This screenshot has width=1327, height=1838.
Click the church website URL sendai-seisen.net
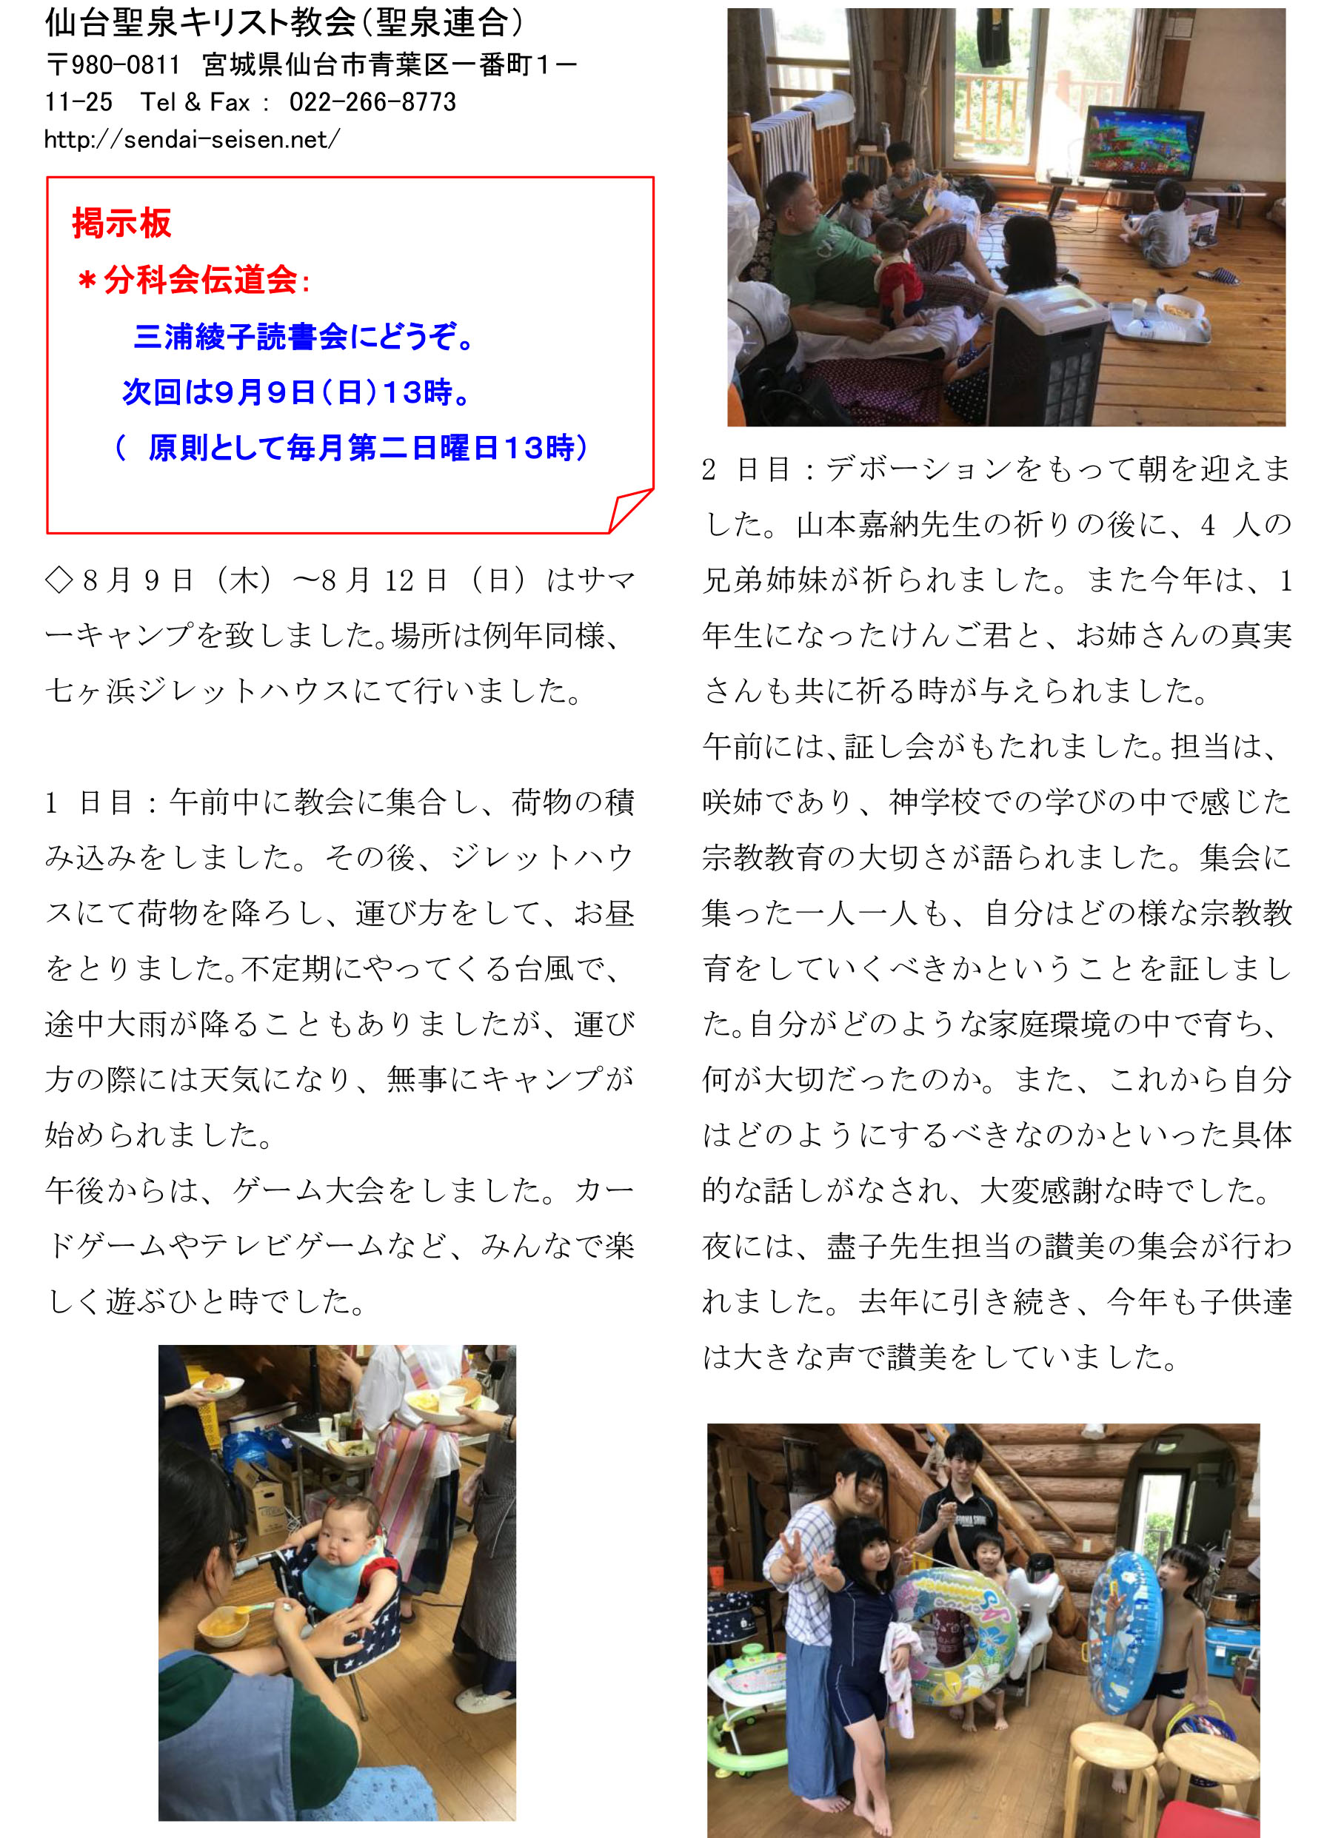point(192,139)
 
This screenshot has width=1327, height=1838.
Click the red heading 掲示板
point(121,223)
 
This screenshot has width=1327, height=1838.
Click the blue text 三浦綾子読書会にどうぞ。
point(304,336)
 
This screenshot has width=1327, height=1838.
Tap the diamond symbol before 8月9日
point(59,580)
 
